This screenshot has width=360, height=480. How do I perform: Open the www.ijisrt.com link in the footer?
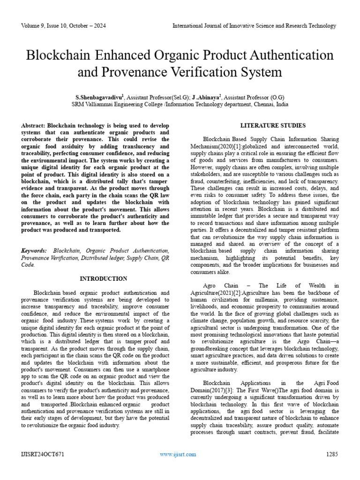(178, 454)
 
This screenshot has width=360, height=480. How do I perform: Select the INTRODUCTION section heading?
(103, 279)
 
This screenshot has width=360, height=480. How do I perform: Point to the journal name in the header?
(254, 25)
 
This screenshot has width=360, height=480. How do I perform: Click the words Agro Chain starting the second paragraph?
(220, 285)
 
